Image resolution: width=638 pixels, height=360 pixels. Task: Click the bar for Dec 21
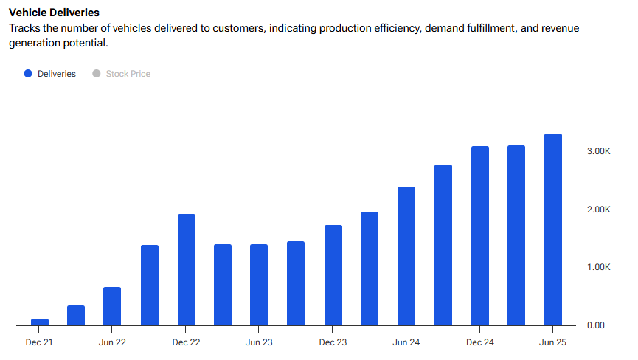(x=39, y=322)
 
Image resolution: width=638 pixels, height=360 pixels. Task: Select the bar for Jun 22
(x=112, y=306)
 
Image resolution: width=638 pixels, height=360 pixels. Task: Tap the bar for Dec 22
(x=186, y=269)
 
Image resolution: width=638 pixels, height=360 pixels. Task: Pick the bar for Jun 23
(x=259, y=285)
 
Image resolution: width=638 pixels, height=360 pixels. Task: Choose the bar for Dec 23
(x=333, y=275)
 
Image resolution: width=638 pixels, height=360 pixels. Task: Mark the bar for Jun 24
(x=406, y=256)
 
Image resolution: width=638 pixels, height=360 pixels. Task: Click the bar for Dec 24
(x=479, y=235)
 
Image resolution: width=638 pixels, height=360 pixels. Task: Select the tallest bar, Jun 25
(x=552, y=229)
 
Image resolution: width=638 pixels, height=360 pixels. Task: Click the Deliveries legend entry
(x=56, y=74)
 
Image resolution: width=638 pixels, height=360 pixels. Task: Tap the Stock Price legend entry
(x=128, y=74)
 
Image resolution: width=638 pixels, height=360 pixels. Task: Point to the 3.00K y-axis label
(x=599, y=150)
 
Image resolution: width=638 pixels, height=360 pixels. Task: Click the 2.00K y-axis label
(x=599, y=209)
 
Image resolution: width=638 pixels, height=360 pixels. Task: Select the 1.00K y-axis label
(x=599, y=267)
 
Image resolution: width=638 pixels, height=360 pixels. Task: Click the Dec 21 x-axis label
(x=39, y=342)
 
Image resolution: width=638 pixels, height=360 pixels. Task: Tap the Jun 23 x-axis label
(x=259, y=342)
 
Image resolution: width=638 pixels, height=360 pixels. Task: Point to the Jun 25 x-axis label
(x=552, y=342)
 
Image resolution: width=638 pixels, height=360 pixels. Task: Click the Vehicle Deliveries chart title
(x=54, y=13)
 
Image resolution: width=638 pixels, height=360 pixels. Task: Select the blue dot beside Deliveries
(x=28, y=74)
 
